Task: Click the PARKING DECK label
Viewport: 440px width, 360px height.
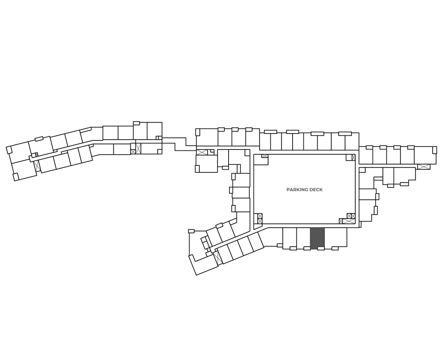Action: tap(304, 189)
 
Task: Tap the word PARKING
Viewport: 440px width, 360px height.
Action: tap(296, 189)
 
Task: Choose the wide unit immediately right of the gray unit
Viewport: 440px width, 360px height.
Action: tap(335, 237)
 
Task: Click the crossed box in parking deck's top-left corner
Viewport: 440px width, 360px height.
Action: tap(265, 156)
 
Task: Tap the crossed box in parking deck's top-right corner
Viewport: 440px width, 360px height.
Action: tap(353, 157)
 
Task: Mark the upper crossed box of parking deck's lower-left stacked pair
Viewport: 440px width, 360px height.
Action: tap(260, 216)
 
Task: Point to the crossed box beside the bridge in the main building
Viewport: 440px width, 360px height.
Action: tap(202, 152)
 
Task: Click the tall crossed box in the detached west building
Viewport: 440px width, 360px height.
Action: tap(138, 149)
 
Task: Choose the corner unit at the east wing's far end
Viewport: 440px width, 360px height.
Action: tap(425, 155)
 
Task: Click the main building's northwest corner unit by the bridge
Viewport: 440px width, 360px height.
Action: tap(207, 137)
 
